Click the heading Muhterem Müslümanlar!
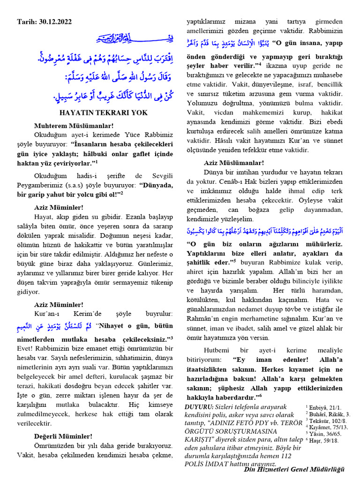(74, 126)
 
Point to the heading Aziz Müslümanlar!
(234, 163)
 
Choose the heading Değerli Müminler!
(63, 436)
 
